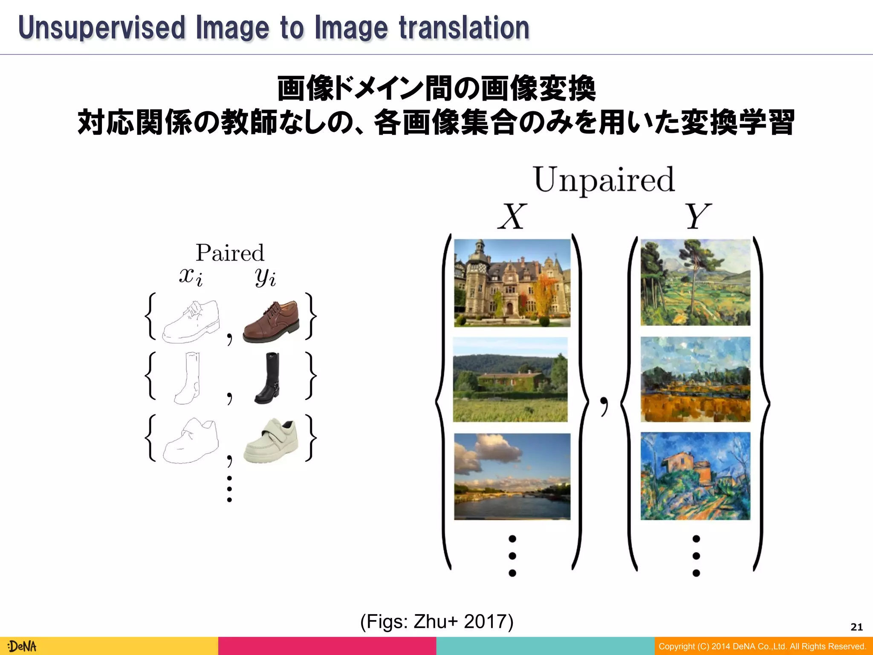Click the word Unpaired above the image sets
pos(604,180)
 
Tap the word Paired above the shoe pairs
pos(230,253)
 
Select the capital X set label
pos(512,217)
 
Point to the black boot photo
pos(267,378)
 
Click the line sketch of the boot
pos(188,378)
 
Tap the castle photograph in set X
pos(512,283)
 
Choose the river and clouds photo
pos(512,476)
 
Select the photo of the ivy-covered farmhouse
pos(510,379)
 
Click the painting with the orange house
pos(695,476)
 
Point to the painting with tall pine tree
pos(695,282)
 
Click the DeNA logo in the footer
pos(22,646)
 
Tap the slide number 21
pos(856,627)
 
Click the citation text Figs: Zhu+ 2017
pos(436,621)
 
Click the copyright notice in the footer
pos(762,646)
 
